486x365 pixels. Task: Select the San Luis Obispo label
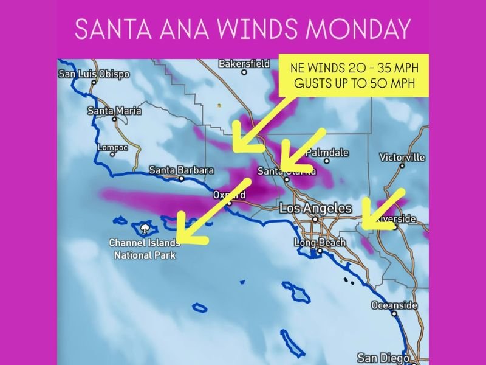click(94, 74)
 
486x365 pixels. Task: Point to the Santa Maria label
click(114, 111)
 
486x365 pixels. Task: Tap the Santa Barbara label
click(181, 170)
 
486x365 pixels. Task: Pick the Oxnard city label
click(229, 195)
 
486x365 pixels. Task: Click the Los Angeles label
click(315, 209)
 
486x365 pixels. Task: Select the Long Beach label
click(320, 243)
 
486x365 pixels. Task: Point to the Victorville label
click(402, 157)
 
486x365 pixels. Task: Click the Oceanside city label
click(394, 305)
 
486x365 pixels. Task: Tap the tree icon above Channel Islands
click(145, 229)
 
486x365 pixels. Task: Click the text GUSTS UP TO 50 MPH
click(354, 85)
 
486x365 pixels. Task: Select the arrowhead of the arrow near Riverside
click(367, 223)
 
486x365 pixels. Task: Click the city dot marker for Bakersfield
click(244, 72)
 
